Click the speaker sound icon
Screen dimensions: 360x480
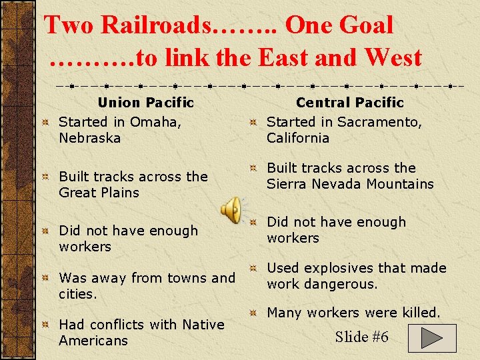[232, 210]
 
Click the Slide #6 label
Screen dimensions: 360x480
[361, 337]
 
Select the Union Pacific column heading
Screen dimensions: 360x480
[145, 103]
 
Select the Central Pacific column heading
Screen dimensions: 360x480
[350, 103]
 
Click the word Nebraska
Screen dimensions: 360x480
[89, 138]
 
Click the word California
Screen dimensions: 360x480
[298, 138]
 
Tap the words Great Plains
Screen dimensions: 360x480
[99, 193]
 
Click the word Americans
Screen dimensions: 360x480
[93, 341]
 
